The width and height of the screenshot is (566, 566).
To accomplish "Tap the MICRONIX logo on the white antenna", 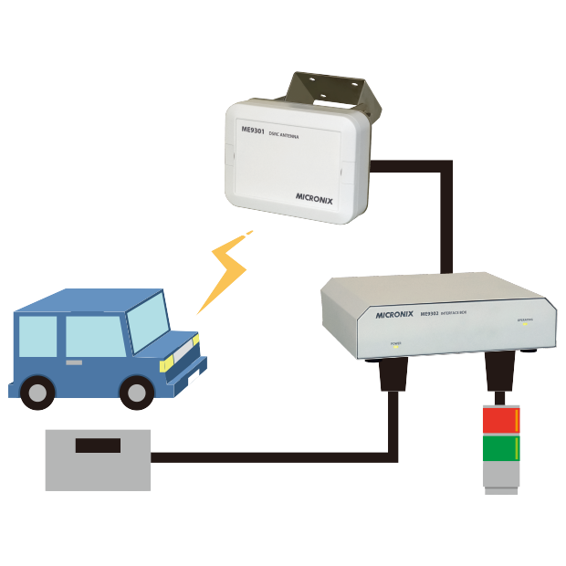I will pos(319,195).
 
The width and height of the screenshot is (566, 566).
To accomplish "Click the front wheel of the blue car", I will pos(137,393).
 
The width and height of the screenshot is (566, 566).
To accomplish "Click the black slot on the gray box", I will pos(97,446).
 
